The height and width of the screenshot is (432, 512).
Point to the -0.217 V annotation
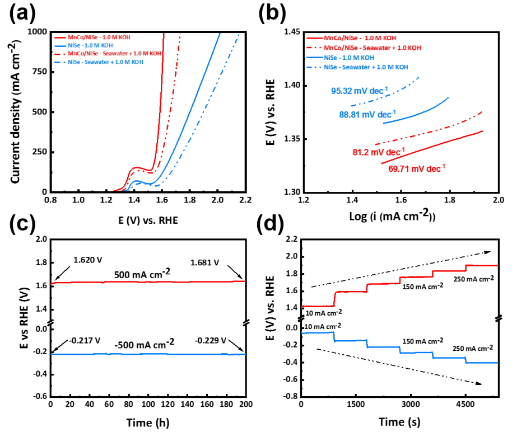(82, 340)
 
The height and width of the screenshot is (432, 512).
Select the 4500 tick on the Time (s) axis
(465, 404)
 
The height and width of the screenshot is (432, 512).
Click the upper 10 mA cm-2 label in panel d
(322, 326)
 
